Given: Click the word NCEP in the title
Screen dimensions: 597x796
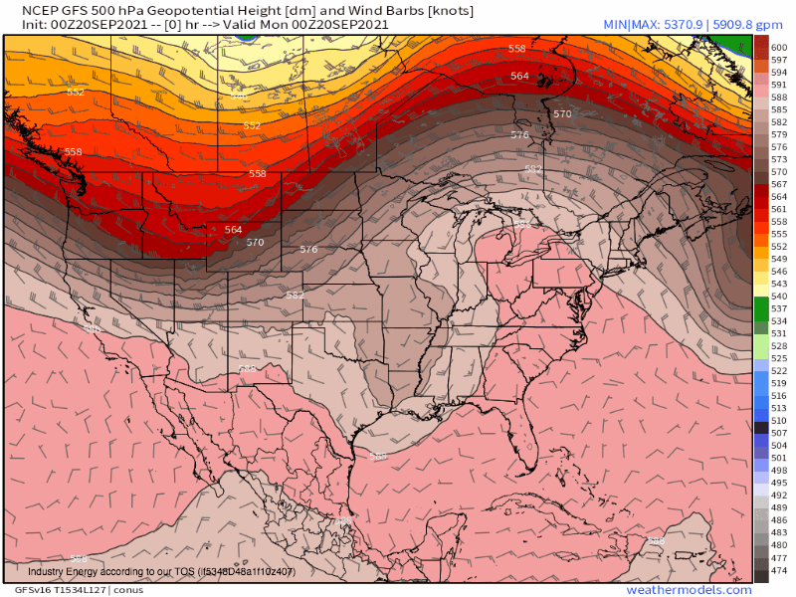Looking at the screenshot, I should point(26,10).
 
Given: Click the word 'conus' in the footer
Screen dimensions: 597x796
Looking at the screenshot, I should point(127,590).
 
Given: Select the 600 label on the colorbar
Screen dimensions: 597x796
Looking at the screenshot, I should point(779,48).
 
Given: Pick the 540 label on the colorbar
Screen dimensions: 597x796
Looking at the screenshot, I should point(779,297).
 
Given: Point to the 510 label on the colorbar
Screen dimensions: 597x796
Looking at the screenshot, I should point(779,421).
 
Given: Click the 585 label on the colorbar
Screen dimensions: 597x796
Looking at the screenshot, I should point(779,109).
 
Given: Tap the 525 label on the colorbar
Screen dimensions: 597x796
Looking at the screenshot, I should point(779,358).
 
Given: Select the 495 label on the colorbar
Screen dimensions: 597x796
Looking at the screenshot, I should point(779,482).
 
